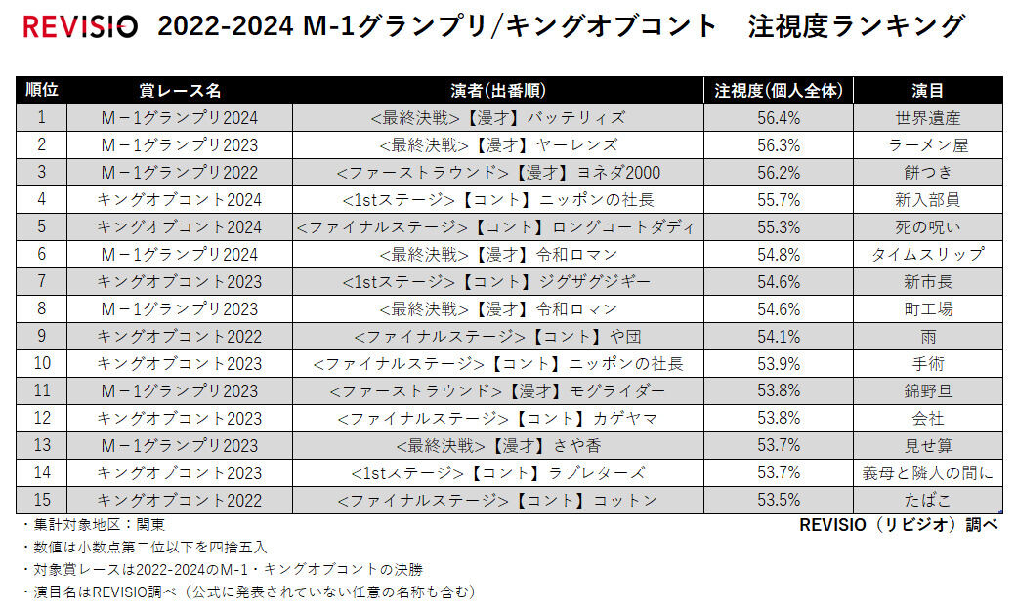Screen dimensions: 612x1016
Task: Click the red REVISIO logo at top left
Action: pyautogui.click(x=80, y=26)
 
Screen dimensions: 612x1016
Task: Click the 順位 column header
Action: pyautogui.click(x=42, y=90)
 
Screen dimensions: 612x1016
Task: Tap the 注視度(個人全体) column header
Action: pyautogui.click(x=778, y=90)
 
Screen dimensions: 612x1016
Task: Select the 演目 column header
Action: pyautogui.click(x=927, y=90)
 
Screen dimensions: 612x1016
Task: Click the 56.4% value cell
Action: pyautogui.click(x=778, y=117)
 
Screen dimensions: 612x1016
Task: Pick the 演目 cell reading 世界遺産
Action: pyautogui.click(x=927, y=117)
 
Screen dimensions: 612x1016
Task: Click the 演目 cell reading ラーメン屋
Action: pyautogui.click(x=927, y=144)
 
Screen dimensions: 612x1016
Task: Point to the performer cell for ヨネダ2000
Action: pyautogui.click(x=497, y=172)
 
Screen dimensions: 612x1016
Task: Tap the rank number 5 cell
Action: pyautogui.click(x=42, y=226)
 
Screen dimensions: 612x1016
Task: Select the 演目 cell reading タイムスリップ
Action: pyautogui.click(x=927, y=254)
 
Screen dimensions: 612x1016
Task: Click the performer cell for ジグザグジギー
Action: pyautogui.click(x=497, y=281)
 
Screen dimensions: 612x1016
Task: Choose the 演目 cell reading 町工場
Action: pyautogui.click(x=927, y=308)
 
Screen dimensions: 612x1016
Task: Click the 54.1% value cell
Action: pyautogui.click(x=778, y=336)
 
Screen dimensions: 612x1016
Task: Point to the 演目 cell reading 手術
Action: pyautogui.click(x=927, y=363)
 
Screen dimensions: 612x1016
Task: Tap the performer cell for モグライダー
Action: pyautogui.click(x=497, y=390)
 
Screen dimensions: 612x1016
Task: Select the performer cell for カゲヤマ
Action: pyautogui.click(x=497, y=418)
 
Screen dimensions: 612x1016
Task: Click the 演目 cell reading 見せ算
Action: pyautogui.click(x=927, y=445)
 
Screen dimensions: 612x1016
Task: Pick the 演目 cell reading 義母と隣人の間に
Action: pyautogui.click(x=927, y=472)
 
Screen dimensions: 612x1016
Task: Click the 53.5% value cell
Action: pyautogui.click(x=778, y=500)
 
